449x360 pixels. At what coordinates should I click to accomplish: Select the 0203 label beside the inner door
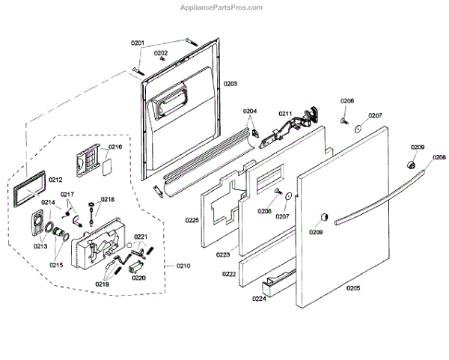click(x=230, y=84)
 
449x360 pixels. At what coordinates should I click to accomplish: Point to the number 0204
click(x=250, y=112)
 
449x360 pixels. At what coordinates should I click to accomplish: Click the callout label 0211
click(x=285, y=113)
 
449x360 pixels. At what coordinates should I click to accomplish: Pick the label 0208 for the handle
click(x=439, y=157)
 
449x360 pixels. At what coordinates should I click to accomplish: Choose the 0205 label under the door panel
click(x=354, y=287)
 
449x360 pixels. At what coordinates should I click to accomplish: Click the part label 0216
click(x=114, y=147)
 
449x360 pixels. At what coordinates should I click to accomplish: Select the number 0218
click(x=108, y=200)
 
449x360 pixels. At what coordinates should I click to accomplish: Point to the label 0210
click(x=183, y=266)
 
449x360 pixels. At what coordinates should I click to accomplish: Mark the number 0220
click(x=138, y=278)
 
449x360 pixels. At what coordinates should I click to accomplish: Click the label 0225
click(x=192, y=221)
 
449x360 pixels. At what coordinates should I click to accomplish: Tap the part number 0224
click(x=260, y=298)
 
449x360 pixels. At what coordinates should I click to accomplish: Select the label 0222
click(x=229, y=275)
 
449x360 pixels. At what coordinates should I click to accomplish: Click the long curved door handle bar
click(x=381, y=198)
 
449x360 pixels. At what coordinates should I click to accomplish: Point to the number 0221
click(x=140, y=237)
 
